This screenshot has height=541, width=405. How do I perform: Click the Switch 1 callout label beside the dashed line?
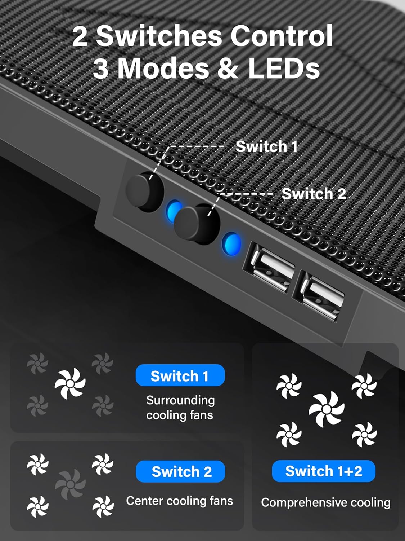tap(266, 146)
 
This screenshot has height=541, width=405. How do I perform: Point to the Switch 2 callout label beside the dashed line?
tap(313, 194)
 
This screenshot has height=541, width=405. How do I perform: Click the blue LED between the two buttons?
tap(174, 211)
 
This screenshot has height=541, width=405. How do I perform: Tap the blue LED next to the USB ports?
tap(231, 244)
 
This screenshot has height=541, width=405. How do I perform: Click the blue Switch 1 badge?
tap(180, 375)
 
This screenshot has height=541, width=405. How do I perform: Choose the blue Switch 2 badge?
tap(180, 471)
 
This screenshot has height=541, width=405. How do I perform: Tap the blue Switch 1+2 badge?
tap(323, 471)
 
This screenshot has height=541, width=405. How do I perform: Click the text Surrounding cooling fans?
tap(180, 408)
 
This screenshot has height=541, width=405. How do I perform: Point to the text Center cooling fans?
tap(179, 501)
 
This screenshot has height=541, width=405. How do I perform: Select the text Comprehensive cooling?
tap(325, 502)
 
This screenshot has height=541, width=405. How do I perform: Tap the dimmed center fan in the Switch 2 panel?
tap(70, 484)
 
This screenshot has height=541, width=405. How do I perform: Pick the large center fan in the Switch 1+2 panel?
tap(326, 409)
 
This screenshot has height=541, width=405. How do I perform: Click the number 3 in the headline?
tap(101, 69)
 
